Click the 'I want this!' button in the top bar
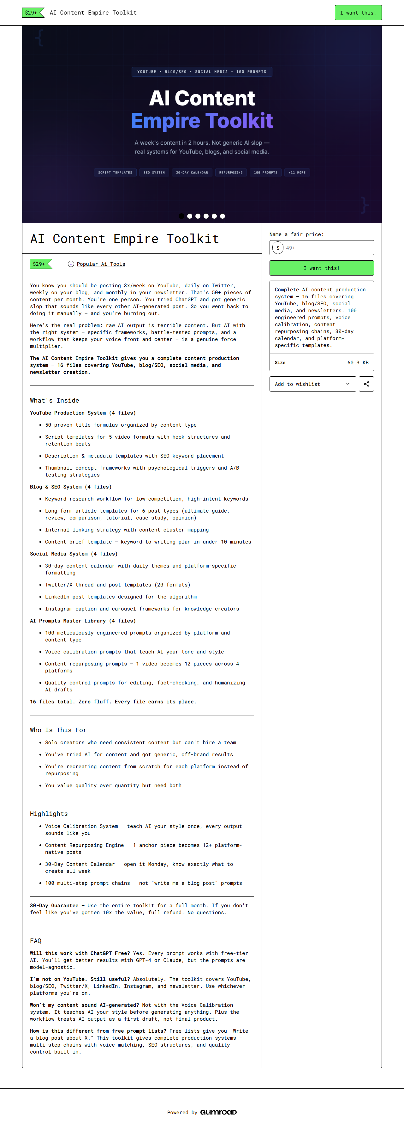coord(358,13)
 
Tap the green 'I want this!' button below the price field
coord(321,268)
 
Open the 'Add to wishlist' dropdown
coord(312,384)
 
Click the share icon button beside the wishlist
coord(366,384)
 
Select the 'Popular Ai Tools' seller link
coord(101,264)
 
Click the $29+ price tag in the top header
coord(33,13)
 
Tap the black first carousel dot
coord(181,216)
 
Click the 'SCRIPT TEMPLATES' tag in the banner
coord(115,173)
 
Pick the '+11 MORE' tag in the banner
coord(297,173)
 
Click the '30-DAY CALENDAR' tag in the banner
coord(192,173)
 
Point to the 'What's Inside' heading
coord(55,400)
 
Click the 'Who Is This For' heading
coord(58,730)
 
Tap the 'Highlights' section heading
coord(49,814)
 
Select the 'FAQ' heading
coord(36,941)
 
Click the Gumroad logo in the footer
coord(218,1112)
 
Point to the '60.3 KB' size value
coord(357,362)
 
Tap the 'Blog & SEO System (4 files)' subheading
coord(70,487)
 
